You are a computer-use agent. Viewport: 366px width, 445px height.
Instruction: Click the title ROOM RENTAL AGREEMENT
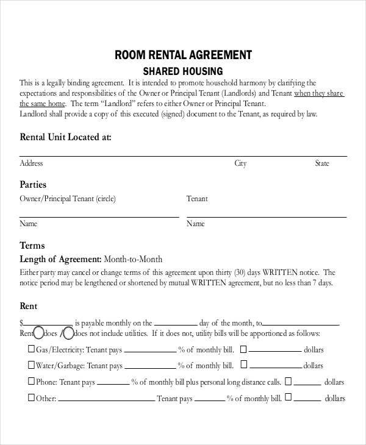pos(183,55)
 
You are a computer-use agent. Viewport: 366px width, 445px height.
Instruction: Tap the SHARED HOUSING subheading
pos(183,71)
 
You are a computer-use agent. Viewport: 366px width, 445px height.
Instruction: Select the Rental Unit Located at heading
pos(65,137)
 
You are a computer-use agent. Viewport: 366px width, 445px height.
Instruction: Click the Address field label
pos(31,163)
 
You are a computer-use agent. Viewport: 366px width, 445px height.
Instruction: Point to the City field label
pos(240,163)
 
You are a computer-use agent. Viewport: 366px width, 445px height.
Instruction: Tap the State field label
pos(321,163)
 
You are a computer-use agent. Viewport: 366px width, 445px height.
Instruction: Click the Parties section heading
pos(33,184)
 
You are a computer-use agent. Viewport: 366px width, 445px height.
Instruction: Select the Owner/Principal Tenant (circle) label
pos(67,199)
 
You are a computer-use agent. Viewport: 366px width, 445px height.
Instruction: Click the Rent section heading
pos(29,305)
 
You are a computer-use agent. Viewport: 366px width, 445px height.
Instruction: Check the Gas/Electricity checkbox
pos(31,350)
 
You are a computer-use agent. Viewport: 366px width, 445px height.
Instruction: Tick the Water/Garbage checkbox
pos(31,365)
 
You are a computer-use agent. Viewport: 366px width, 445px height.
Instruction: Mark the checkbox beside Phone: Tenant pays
pos(31,382)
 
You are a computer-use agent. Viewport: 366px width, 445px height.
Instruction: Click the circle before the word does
pos(38,333)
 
